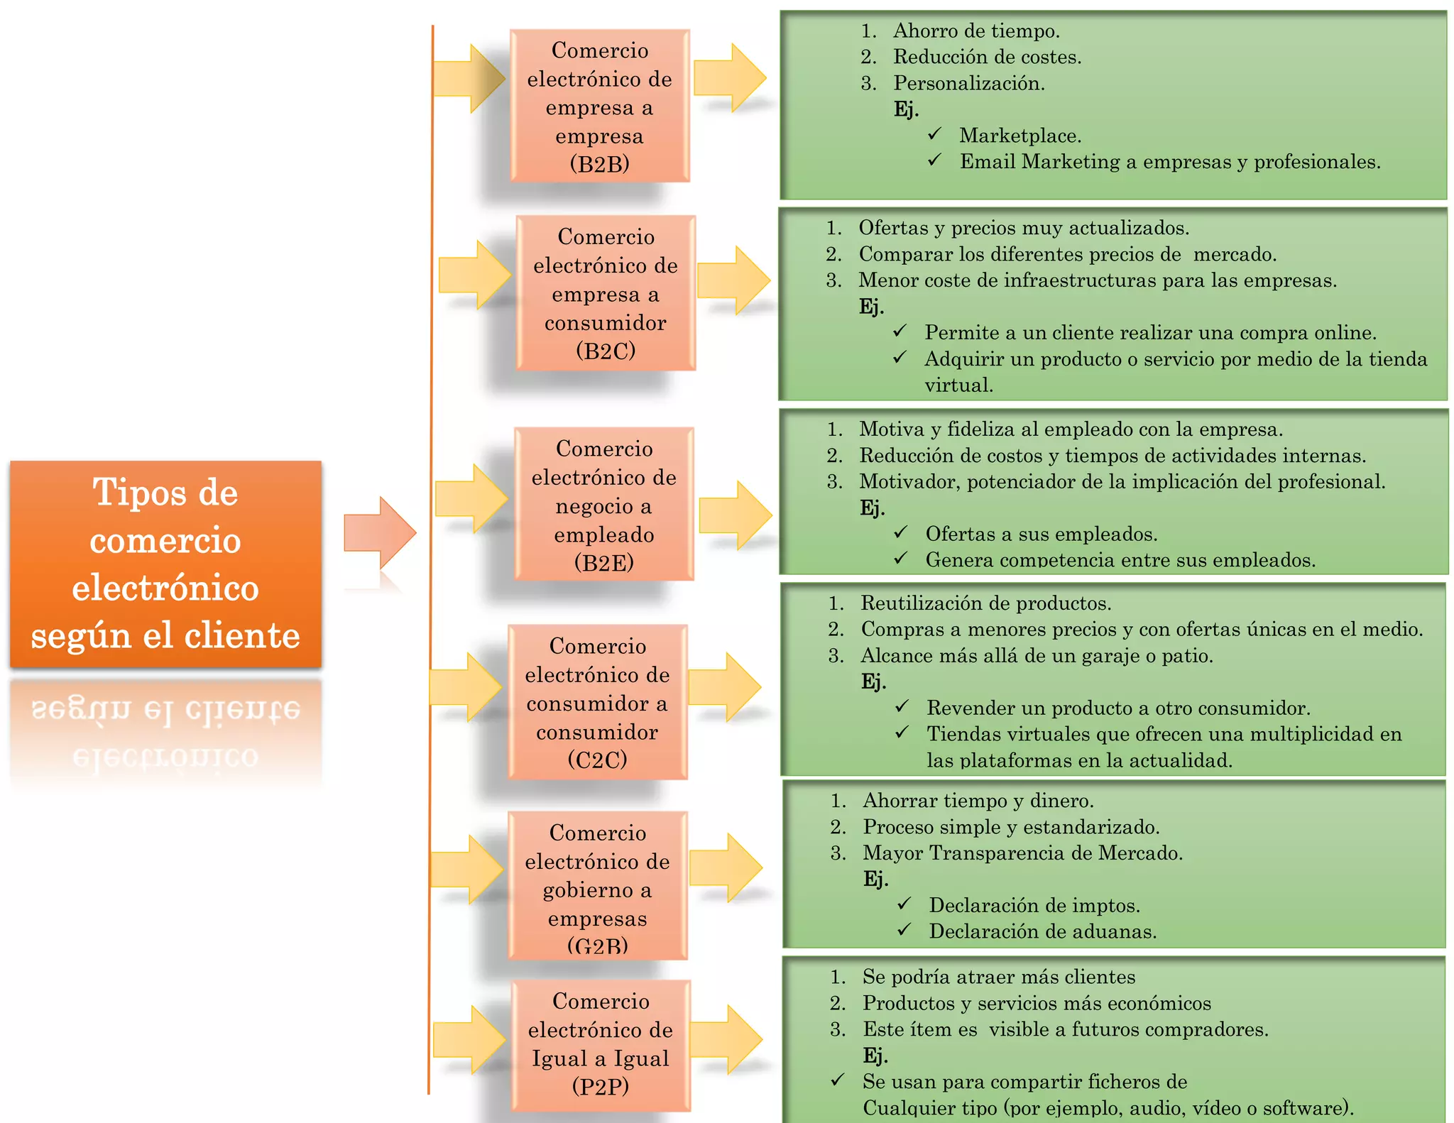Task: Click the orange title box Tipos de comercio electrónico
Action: pos(165,564)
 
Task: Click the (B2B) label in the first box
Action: pos(599,165)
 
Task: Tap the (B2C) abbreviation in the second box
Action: pos(606,351)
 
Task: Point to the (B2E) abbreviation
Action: pos(603,563)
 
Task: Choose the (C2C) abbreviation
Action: pos(597,760)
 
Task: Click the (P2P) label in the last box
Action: pos(601,1087)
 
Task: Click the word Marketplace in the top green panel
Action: pos(1020,136)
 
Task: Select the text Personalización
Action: pos(968,83)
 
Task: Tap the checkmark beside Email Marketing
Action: pos(934,160)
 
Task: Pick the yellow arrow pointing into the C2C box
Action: pos(466,687)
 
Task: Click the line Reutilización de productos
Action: pos(985,603)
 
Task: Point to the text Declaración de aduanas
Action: pos(1042,931)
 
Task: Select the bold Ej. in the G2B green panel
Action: pos(875,879)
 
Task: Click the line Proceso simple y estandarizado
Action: pos(1011,827)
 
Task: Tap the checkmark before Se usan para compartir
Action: pos(838,1080)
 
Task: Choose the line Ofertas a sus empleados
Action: pos(1041,534)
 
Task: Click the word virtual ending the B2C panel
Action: pos(958,385)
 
